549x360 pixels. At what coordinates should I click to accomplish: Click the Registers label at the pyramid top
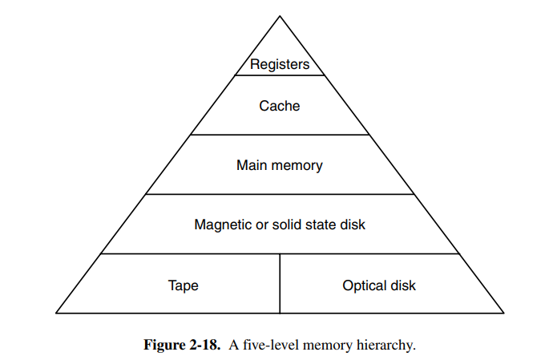pos(280,64)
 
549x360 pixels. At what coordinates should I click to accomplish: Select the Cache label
pos(280,105)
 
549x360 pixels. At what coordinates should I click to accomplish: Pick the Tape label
pos(183,285)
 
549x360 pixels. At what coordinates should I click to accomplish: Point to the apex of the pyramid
pos(280,16)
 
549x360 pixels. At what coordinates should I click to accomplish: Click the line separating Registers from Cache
pos(280,75)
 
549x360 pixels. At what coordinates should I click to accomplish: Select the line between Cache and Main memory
pos(280,135)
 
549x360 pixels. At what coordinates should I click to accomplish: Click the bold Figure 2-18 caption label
pos(180,346)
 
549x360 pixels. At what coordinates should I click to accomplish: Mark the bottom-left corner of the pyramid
pos(56,313)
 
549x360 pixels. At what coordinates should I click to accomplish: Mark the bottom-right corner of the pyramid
pos(503,313)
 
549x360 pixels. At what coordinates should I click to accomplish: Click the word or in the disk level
pos(260,224)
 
